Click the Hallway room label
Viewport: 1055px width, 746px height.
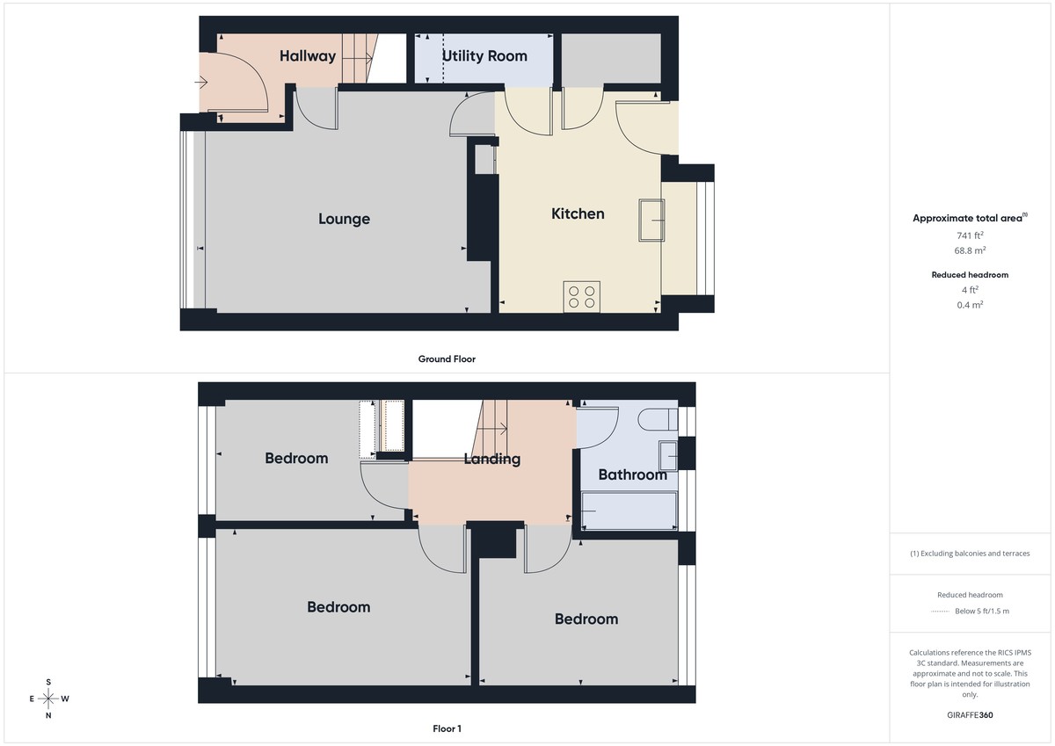click(x=308, y=56)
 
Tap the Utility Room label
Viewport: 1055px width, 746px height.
click(x=484, y=56)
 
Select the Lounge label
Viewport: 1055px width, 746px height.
click(x=344, y=219)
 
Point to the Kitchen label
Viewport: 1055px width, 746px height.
click(x=578, y=214)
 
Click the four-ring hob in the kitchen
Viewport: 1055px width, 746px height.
click(x=581, y=296)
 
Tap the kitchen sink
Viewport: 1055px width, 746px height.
click(x=652, y=219)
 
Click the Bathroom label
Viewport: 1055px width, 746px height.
click(x=632, y=474)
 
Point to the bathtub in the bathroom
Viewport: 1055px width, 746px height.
click(x=629, y=511)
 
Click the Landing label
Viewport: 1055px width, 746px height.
click(x=491, y=459)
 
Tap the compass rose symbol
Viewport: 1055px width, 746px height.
click(x=48, y=699)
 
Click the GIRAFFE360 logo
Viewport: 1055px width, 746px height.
click(x=970, y=715)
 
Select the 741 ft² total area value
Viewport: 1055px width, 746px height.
click(x=970, y=235)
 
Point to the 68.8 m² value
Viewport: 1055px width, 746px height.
click(x=970, y=250)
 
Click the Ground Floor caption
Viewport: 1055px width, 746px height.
click(x=447, y=359)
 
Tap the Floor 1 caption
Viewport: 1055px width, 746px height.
click(x=447, y=728)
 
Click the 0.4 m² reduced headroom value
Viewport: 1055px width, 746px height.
click(x=970, y=305)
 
